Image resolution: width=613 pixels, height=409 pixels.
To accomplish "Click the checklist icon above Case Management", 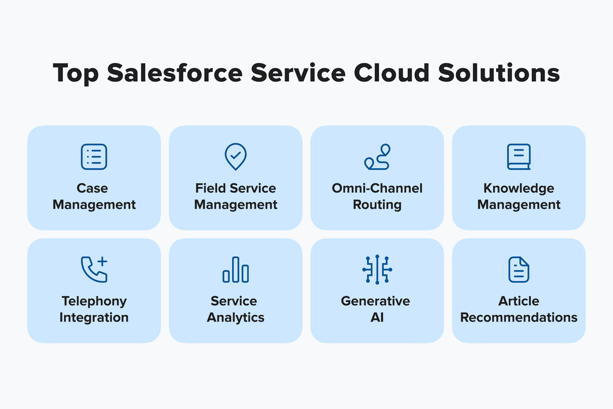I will pos(94,157).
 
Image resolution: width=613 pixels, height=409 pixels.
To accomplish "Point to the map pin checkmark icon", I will pos(236,157).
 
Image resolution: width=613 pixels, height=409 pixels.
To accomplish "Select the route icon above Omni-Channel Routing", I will pos(377,157).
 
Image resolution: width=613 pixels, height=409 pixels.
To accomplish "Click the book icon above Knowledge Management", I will pos(518,157).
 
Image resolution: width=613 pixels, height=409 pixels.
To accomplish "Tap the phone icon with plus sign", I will pos(94,270).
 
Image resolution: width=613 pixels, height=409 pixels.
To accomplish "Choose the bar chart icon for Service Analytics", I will pos(236,270).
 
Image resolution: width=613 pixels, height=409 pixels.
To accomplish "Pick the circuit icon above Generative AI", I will pos(377,270).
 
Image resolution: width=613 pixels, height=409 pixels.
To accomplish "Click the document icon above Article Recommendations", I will pos(518,270).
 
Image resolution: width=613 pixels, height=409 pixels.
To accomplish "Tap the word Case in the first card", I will pos(93,188).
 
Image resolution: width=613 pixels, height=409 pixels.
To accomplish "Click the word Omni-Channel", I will pos(377,188).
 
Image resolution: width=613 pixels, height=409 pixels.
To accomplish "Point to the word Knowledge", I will pos(519,188).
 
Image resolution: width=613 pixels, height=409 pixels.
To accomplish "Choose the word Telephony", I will pos(94,301).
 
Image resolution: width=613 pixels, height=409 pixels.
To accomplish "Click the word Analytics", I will pos(236,318).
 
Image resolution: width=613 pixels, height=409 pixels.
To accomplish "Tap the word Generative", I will pos(375,301).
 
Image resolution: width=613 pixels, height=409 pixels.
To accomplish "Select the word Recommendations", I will pos(519,318).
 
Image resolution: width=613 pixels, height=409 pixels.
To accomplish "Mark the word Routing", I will pos(377,204).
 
